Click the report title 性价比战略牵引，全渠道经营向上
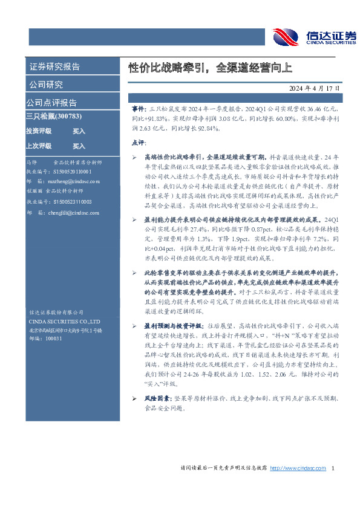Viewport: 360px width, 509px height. pos(210,67)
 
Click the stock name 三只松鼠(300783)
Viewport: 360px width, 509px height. pos(54,115)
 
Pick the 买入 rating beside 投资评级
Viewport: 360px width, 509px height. pos(79,131)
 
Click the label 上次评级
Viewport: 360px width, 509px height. pos(38,146)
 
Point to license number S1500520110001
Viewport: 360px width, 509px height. pos(73,172)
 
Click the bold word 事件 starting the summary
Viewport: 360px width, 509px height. pos(138,106)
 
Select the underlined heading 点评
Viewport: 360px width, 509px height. pos(137,143)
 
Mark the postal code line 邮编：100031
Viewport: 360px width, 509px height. pos(45,339)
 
